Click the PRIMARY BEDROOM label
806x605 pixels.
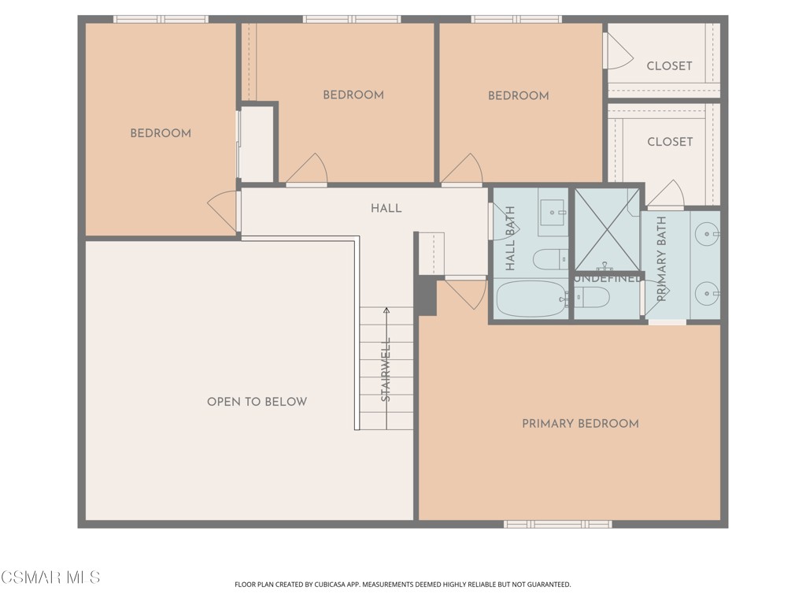tap(580, 424)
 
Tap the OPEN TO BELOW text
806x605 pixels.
tap(257, 402)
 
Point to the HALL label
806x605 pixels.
tap(386, 209)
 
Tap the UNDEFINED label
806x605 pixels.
tap(606, 279)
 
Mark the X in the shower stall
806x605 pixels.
tap(606, 228)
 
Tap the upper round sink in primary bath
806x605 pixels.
tap(709, 234)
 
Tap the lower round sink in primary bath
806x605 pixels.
tap(709, 295)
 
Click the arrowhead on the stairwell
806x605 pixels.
tap(386, 312)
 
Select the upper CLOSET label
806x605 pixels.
tap(669, 66)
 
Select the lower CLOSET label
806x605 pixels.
tap(669, 142)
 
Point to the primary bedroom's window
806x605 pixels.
tap(557, 524)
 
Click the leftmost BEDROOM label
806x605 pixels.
tap(161, 134)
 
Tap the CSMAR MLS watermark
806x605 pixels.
tap(50, 577)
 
